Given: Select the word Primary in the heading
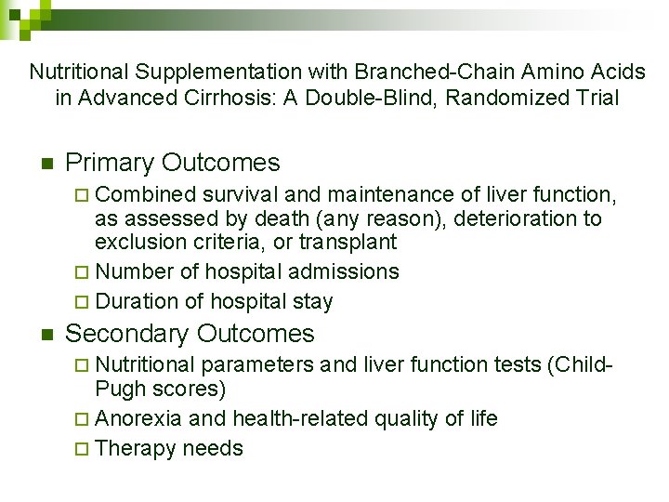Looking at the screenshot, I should [x=110, y=163].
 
